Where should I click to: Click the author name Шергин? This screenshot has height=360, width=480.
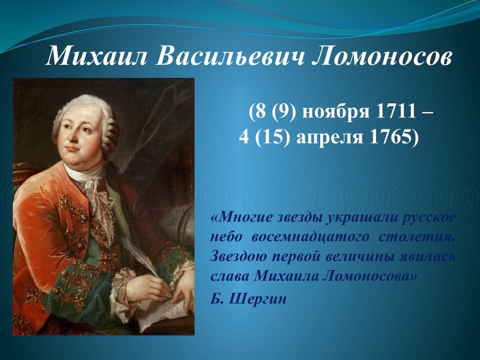[x=258, y=299]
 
